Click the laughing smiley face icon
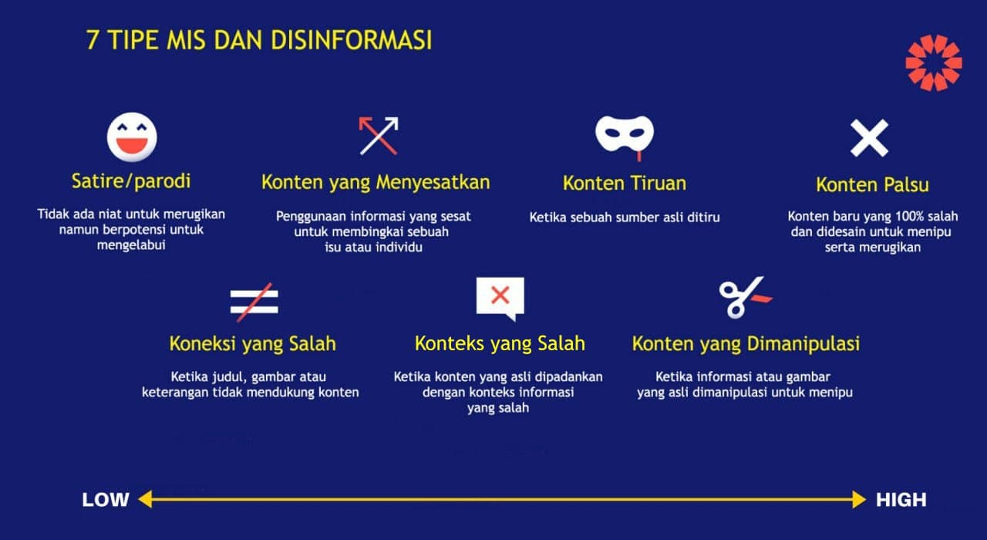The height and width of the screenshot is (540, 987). (x=132, y=137)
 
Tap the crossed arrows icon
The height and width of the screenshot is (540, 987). (x=379, y=136)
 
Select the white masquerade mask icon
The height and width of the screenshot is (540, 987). (x=625, y=134)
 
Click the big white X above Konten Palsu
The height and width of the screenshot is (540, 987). (x=869, y=138)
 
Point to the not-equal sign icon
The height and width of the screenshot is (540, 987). (x=254, y=302)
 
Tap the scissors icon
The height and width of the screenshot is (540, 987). (x=745, y=298)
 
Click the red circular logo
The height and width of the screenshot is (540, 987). (x=934, y=63)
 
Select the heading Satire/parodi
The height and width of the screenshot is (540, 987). (x=131, y=181)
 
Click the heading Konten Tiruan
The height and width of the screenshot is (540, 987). (x=625, y=184)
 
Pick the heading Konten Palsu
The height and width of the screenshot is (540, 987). (x=872, y=184)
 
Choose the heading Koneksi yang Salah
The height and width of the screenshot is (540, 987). (x=252, y=344)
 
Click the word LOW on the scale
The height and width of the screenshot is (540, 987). (x=106, y=500)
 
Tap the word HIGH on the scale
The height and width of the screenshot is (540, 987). (x=901, y=500)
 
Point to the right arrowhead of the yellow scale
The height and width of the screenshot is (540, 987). (x=859, y=499)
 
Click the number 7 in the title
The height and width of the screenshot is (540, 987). (x=92, y=40)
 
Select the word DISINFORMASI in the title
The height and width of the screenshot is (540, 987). (x=351, y=40)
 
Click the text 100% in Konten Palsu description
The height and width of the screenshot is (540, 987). (x=908, y=216)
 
